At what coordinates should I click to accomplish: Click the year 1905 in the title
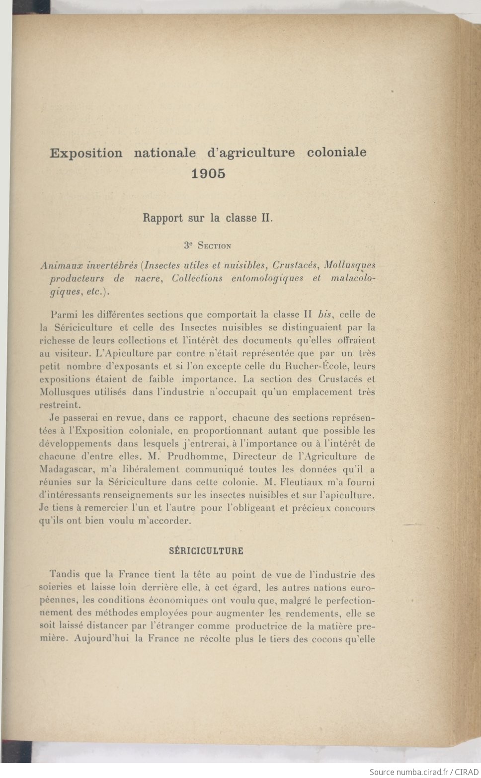tap(208, 173)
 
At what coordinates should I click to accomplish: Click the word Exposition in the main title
tap(86, 153)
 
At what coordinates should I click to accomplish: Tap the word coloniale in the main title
tap(336, 152)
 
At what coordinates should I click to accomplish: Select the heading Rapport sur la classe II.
tap(208, 218)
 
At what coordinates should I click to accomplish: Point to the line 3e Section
tap(207, 245)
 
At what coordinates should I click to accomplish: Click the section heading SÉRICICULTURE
tap(206, 551)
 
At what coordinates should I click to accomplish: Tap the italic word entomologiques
tap(267, 278)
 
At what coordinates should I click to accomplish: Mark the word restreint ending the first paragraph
tap(60, 404)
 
